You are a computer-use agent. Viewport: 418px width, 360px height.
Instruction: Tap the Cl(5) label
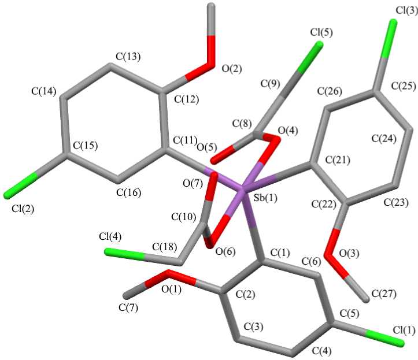coord(321,32)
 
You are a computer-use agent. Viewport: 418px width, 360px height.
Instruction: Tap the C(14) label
coord(45,90)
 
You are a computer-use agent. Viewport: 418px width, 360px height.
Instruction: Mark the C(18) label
coord(165,247)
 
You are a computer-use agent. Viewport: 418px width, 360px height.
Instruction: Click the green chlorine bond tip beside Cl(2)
coord(7,193)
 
